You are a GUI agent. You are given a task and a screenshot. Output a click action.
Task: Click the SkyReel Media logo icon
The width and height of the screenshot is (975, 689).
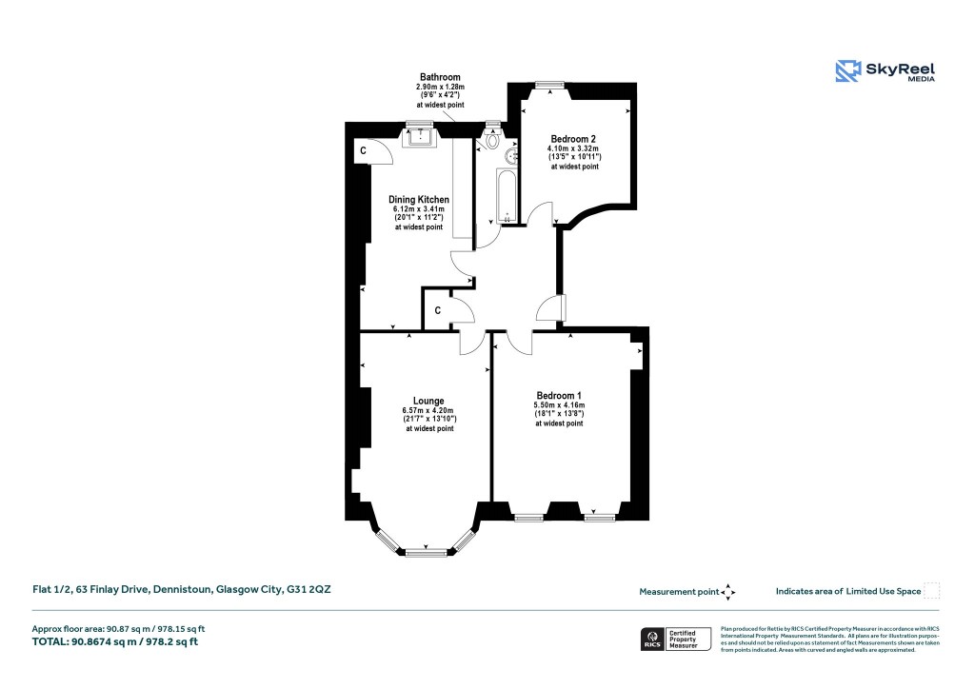(847, 71)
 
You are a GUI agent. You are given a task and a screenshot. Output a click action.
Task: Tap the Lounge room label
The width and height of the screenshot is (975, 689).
(428, 401)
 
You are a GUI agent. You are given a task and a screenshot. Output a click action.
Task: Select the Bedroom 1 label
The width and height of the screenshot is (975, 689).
(558, 396)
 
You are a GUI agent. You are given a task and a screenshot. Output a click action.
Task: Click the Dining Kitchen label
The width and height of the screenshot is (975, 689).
(418, 200)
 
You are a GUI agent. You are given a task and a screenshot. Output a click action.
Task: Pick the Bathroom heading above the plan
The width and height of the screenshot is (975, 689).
(440, 77)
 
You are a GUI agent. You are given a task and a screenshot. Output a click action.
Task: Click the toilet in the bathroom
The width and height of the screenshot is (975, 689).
(493, 141)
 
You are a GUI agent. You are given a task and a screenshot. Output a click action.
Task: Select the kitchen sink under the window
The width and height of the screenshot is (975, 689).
(419, 139)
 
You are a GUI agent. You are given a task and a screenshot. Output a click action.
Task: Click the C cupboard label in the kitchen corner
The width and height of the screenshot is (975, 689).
(363, 151)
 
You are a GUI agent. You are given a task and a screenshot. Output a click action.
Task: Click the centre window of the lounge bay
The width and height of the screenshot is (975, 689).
(419, 551)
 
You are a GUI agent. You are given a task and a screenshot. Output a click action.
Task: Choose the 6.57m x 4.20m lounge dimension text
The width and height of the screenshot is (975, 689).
(428, 411)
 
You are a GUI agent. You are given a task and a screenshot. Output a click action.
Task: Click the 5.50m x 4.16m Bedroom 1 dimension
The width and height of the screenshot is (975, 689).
(558, 406)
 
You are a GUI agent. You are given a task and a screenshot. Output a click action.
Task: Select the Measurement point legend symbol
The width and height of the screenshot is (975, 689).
(728, 592)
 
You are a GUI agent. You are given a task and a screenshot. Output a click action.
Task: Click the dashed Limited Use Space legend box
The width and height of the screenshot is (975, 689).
(932, 591)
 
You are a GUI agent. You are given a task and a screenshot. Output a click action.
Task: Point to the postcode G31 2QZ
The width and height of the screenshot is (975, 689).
(309, 590)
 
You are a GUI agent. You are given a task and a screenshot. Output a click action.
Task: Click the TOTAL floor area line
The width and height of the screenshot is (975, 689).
(115, 642)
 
